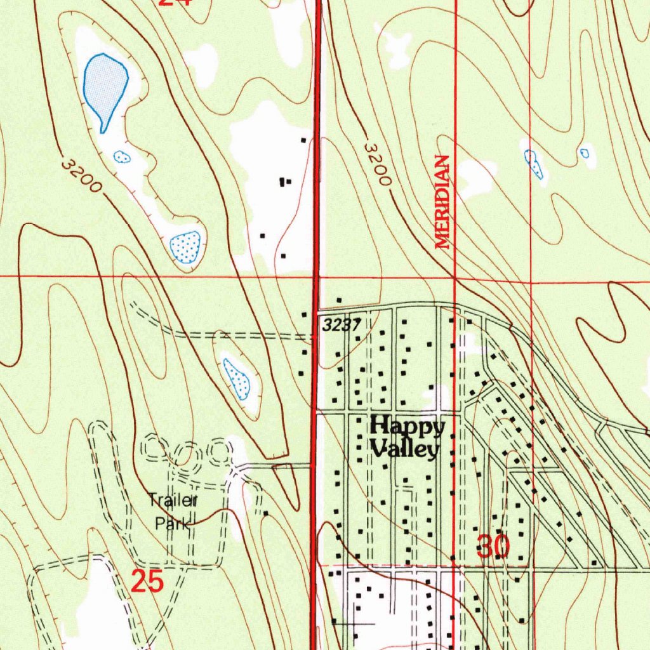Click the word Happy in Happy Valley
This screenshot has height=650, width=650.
[x=408, y=427]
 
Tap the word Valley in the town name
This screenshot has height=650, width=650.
[x=405, y=449]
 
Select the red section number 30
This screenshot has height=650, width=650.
[x=493, y=547]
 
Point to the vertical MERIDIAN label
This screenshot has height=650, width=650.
[x=442, y=202]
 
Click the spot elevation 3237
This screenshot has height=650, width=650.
[x=342, y=325]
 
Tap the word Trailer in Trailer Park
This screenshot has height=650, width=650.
[x=173, y=500]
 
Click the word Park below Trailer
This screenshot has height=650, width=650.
[x=173, y=524]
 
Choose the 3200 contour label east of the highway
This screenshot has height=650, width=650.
[x=377, y=164]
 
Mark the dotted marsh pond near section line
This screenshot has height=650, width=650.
[x=185, y=246]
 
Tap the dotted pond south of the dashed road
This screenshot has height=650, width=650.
[x=236, y=379]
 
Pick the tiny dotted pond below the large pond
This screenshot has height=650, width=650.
[x=121, y=156]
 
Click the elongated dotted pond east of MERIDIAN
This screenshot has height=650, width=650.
[x=534, y=164]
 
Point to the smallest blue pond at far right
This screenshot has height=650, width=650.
[x=584, y=153]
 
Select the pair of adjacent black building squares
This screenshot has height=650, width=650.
[x=285, y=182]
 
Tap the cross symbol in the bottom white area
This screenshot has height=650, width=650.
[x=351, y=623]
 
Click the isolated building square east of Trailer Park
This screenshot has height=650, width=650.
[x=265, y=513]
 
